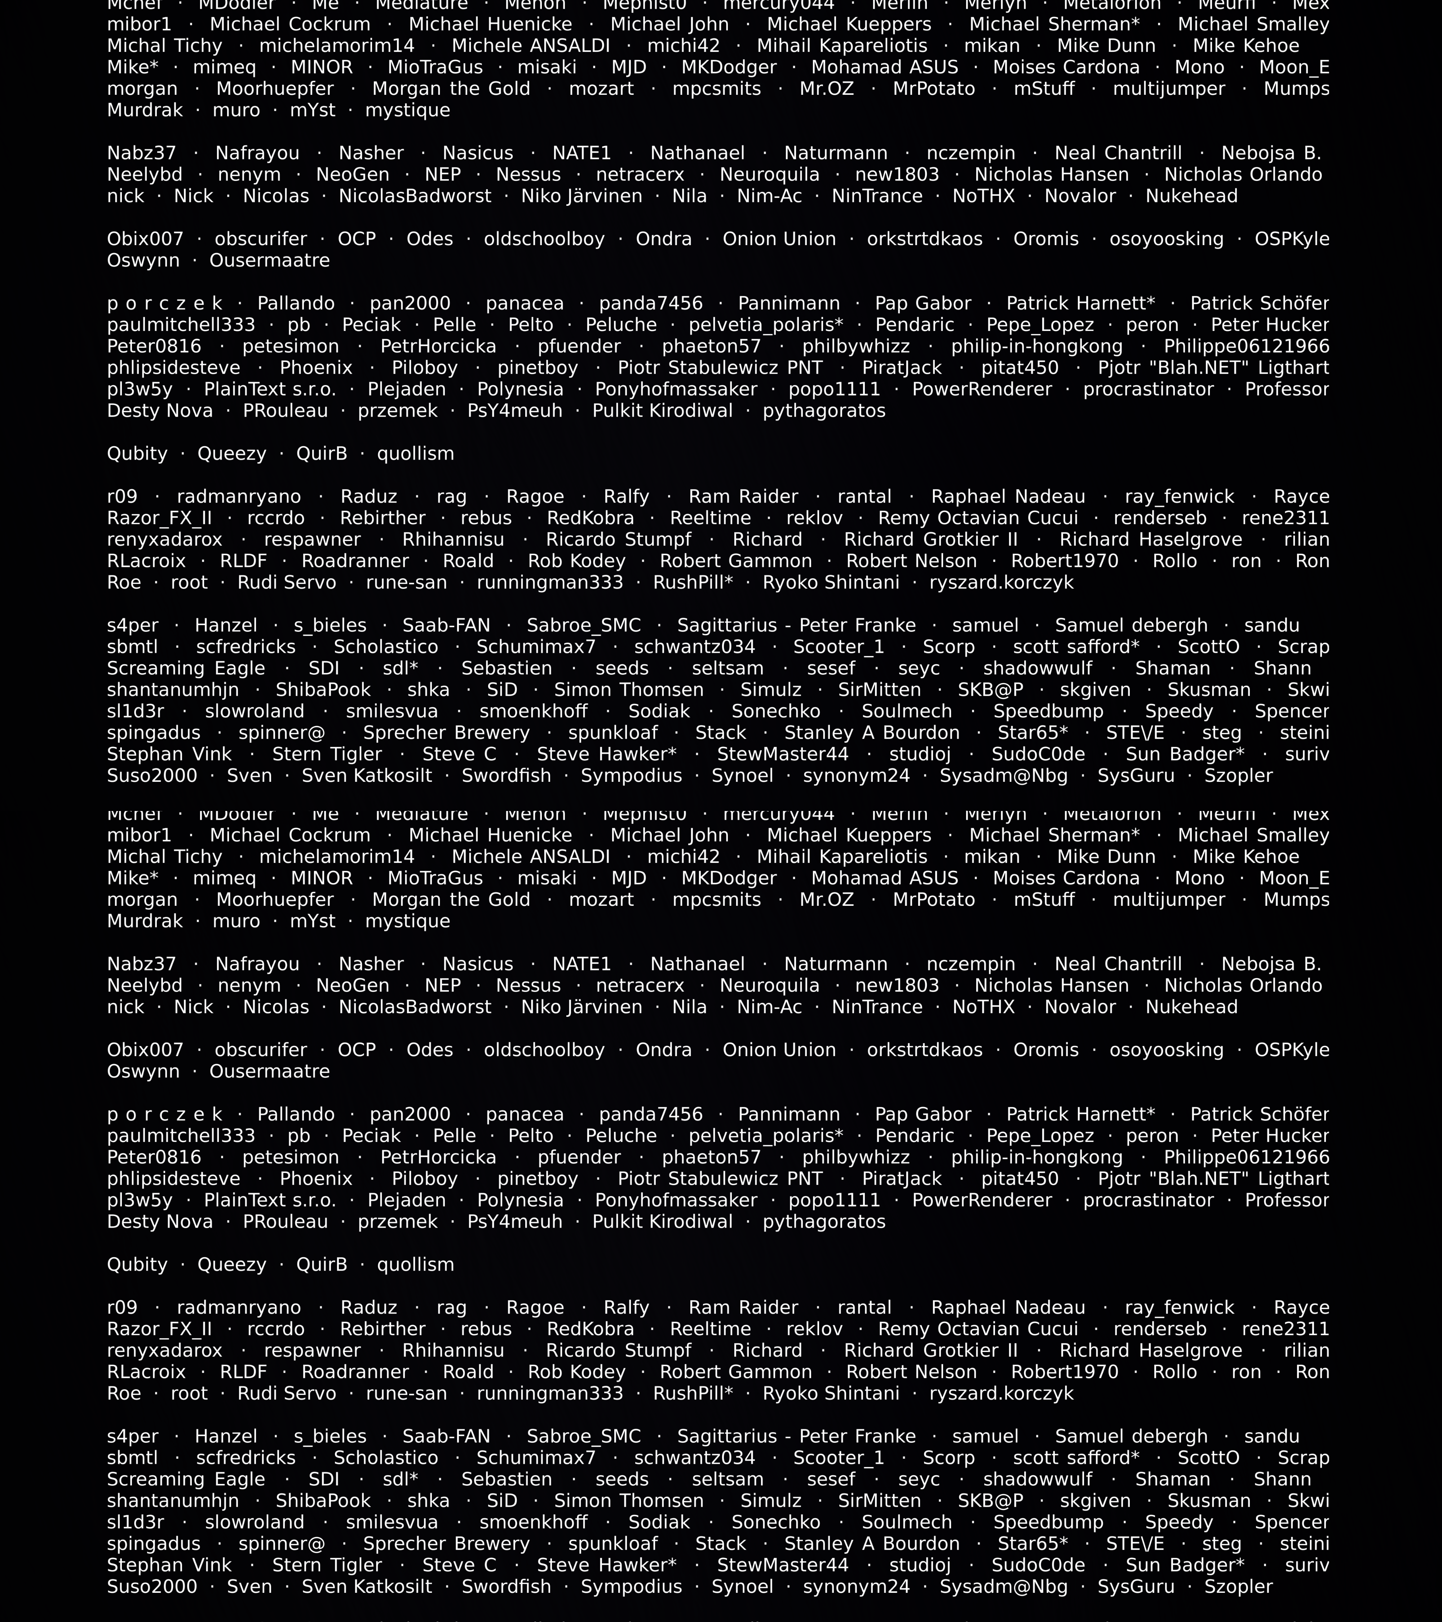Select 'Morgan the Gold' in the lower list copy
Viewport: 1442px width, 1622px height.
pos(451,900)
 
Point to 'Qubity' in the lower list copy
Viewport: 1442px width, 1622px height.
pos(137,1265)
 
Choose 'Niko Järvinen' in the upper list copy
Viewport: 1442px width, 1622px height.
pos(582,196)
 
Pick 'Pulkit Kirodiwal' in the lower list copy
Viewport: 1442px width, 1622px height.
pos(663,1222)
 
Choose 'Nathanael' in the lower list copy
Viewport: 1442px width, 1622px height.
pos(698,964)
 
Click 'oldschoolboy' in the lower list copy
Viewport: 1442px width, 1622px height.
pos(544,1050)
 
